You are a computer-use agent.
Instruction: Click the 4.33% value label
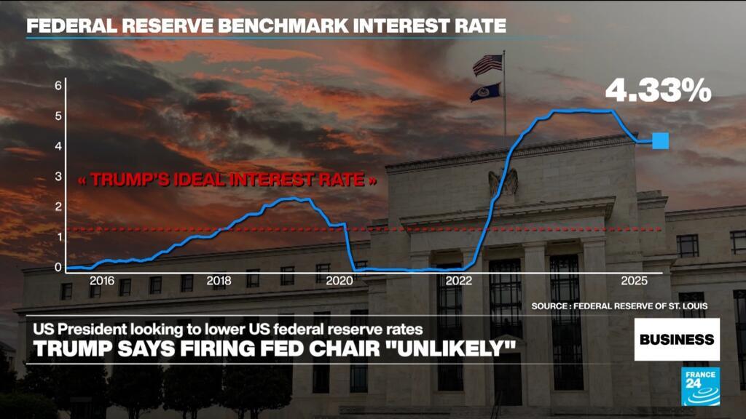658,90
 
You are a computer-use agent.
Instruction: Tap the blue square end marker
660,140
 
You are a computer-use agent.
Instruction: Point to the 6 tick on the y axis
58,86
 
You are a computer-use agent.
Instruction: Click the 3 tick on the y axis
58,176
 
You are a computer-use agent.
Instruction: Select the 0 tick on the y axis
58,267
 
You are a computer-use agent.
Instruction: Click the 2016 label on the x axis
102,281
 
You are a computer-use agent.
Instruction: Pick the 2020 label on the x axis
339,281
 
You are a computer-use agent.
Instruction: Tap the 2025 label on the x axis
635,281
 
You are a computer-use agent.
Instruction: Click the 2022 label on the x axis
459,281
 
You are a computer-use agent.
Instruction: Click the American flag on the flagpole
487,65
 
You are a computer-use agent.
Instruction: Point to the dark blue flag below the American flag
485,92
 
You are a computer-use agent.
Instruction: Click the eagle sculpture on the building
503,183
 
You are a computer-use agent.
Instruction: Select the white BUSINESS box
677,339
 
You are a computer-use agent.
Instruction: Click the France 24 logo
700,387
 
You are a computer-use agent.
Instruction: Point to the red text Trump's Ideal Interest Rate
227,180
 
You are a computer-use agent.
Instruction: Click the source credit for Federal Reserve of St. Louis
619,306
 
